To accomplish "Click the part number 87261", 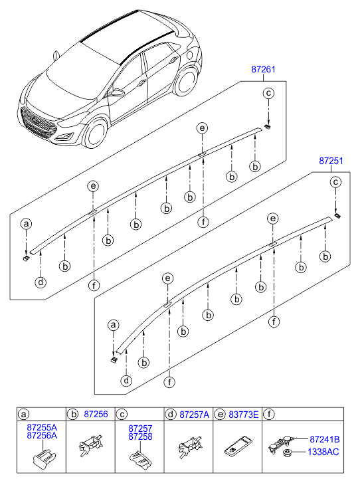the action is (x=263, y=70).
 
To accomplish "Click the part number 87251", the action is (x=331, y=161).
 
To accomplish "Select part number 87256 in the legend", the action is (x=96, y=415).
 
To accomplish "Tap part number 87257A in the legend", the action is (x=195, y=415).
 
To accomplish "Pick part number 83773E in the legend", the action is (x=244, y=415).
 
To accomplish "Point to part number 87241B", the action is (x=325, y=439).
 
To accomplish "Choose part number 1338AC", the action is (x=323, y=452).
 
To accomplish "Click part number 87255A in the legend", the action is (x=42, y=427).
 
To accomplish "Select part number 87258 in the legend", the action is (x=140, y=436).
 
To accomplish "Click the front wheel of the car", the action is (x=96, y=134).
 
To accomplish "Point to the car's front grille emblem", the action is (x=37, y=121).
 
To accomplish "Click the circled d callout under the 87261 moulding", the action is (x=41, y=282).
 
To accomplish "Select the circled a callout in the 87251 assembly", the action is (x=114, y=325).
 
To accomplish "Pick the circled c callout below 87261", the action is (x=268, y=93).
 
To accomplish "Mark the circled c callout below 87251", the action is (x=335, y=182).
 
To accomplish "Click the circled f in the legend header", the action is (x=269, y=415).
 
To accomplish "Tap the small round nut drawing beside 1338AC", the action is (x=288, y=453).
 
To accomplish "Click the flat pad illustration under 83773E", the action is (x=237, y=445).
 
